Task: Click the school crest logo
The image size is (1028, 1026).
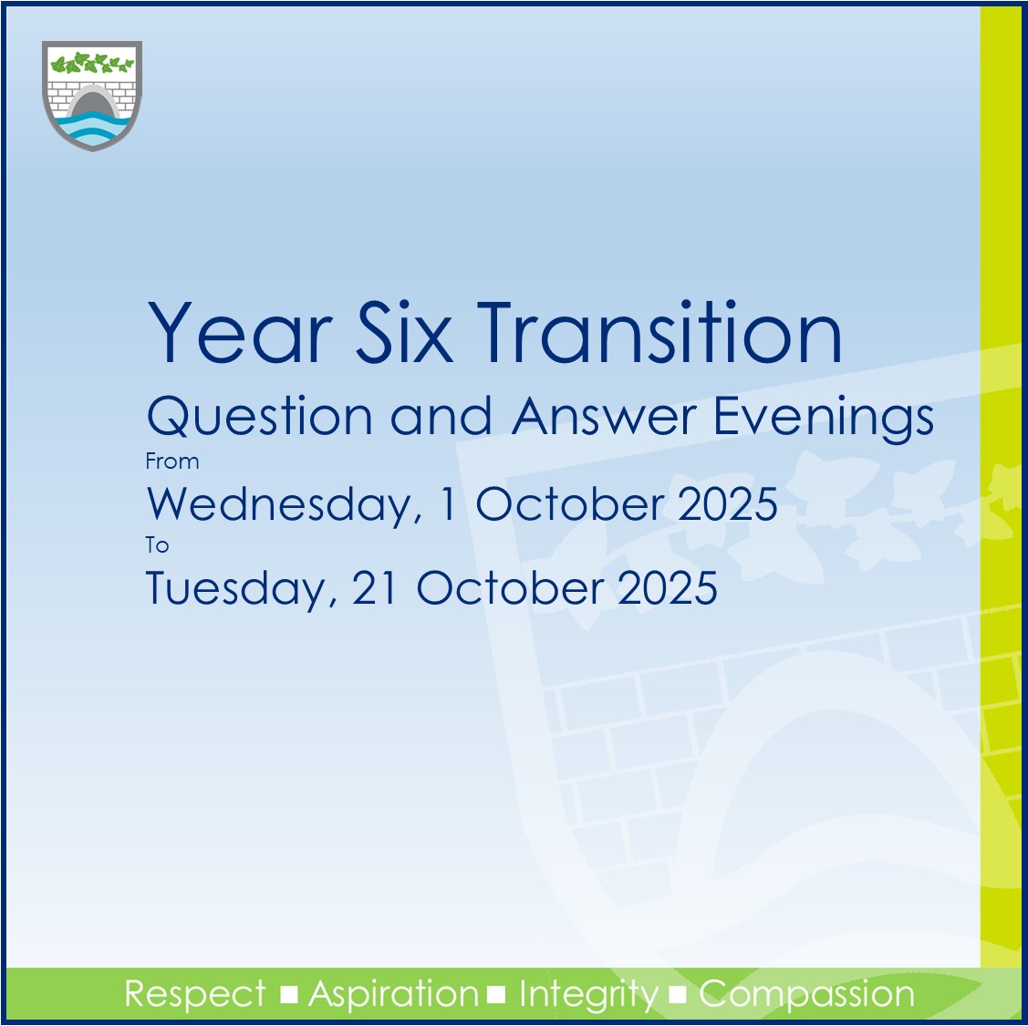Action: (92, 96)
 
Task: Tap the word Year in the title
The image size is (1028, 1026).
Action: (240, 332)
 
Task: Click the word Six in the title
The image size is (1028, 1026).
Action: (404, 332)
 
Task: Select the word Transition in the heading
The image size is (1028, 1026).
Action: (659, 332)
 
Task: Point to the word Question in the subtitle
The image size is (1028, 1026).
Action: (260, 417)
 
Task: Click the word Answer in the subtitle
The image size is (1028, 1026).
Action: (604, 416)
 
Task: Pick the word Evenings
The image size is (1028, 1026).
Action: (824, 420)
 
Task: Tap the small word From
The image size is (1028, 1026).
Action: (172, 461)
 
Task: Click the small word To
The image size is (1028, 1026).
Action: (157, 545)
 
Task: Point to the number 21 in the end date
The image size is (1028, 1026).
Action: (374, 587)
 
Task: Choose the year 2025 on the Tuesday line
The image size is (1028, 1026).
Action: (668, 587)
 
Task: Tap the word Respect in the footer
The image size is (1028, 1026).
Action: (195, 994)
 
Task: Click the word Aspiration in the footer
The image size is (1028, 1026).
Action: (393, 995)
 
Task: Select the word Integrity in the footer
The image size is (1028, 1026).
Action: (588, 995)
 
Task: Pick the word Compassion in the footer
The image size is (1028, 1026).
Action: (806, 995)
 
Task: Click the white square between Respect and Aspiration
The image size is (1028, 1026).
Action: (288, 995)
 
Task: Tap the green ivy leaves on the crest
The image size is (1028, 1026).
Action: (92, 64)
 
